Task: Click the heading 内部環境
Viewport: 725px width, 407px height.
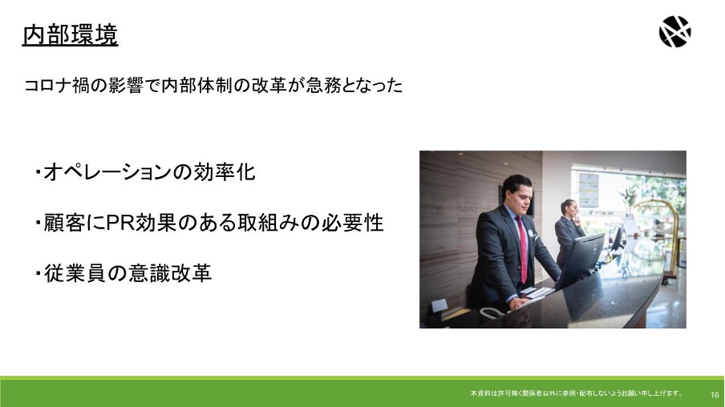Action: (71, 35)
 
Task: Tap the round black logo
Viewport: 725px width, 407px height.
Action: (674, 31)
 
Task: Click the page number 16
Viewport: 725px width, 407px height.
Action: (715, 395)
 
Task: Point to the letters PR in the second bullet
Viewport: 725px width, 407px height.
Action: (120, 223)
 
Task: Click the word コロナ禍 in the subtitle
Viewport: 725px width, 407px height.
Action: (56, 86)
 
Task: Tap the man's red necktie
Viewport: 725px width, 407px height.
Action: (521, 249)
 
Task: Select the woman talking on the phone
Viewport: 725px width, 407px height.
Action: (568, 231)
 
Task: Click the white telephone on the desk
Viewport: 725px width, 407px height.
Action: (492, 312)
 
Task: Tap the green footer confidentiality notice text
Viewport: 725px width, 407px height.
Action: (576, 393)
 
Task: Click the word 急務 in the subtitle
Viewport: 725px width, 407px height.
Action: (323, 86)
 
